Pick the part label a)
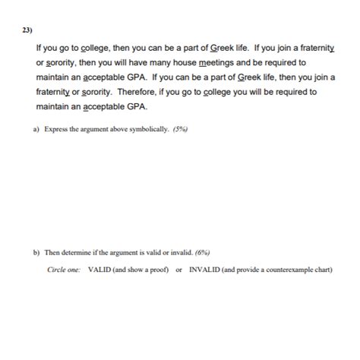[x=36, y=129]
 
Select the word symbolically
[x=147, y=129]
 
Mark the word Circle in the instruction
[x=56, y=270]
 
